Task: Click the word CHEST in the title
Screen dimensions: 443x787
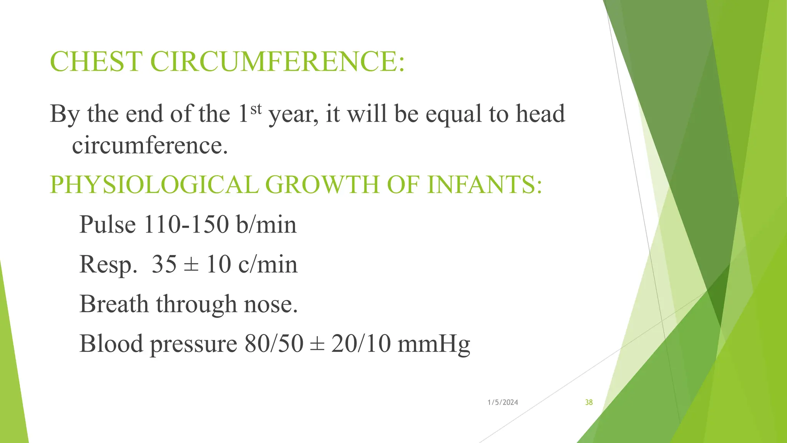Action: coord(96,62)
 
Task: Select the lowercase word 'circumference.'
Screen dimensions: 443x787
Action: coord(150,146)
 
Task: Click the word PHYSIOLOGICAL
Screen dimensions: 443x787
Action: coord(154,185)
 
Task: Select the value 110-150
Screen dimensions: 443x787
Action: coord(186,224)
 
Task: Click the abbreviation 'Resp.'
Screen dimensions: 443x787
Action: coord(108,265)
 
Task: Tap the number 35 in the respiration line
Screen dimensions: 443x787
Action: coord(164,264)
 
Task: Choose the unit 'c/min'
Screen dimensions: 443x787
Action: coord(268,264)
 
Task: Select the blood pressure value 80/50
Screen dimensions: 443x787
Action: coord(274,344)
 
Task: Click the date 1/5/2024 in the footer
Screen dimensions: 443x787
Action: coord(503,402)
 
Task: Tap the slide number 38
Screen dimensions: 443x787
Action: coord(589,402)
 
